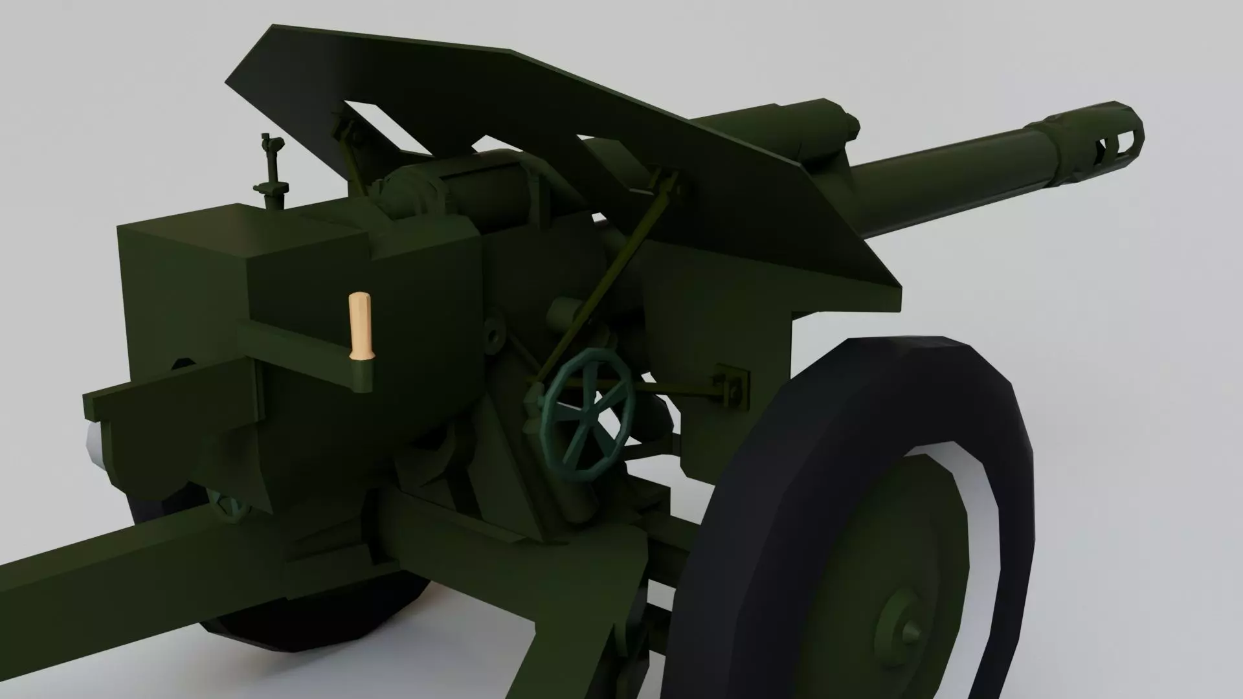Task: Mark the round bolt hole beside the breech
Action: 495,335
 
